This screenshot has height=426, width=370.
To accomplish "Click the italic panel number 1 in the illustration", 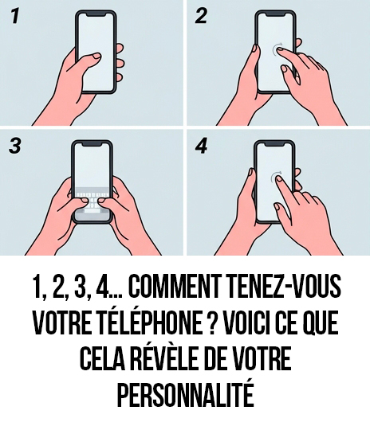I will pyautogui.click(x=15, y=17).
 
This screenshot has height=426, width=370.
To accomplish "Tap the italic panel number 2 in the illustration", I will pyautogui.click(x=201, y=17).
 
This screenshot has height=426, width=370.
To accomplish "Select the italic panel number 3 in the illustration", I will pyautogui.click(x=16, y=149).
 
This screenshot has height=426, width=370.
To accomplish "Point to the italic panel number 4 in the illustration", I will pyautogui.click(x=201, y=149).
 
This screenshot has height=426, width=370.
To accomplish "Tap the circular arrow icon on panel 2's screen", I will pyautogui.click(x=278, y=51).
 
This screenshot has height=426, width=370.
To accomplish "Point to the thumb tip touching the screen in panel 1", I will pyautogui.click(x=96, y=57).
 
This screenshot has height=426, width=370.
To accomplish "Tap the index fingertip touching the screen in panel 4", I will pyautogui.click(x=280, y=183).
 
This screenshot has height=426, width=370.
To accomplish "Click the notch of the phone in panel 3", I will pyautogui.click(x=93, y=147).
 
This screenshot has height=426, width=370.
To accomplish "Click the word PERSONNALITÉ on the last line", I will pyautogui.click(x=185, y=395).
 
